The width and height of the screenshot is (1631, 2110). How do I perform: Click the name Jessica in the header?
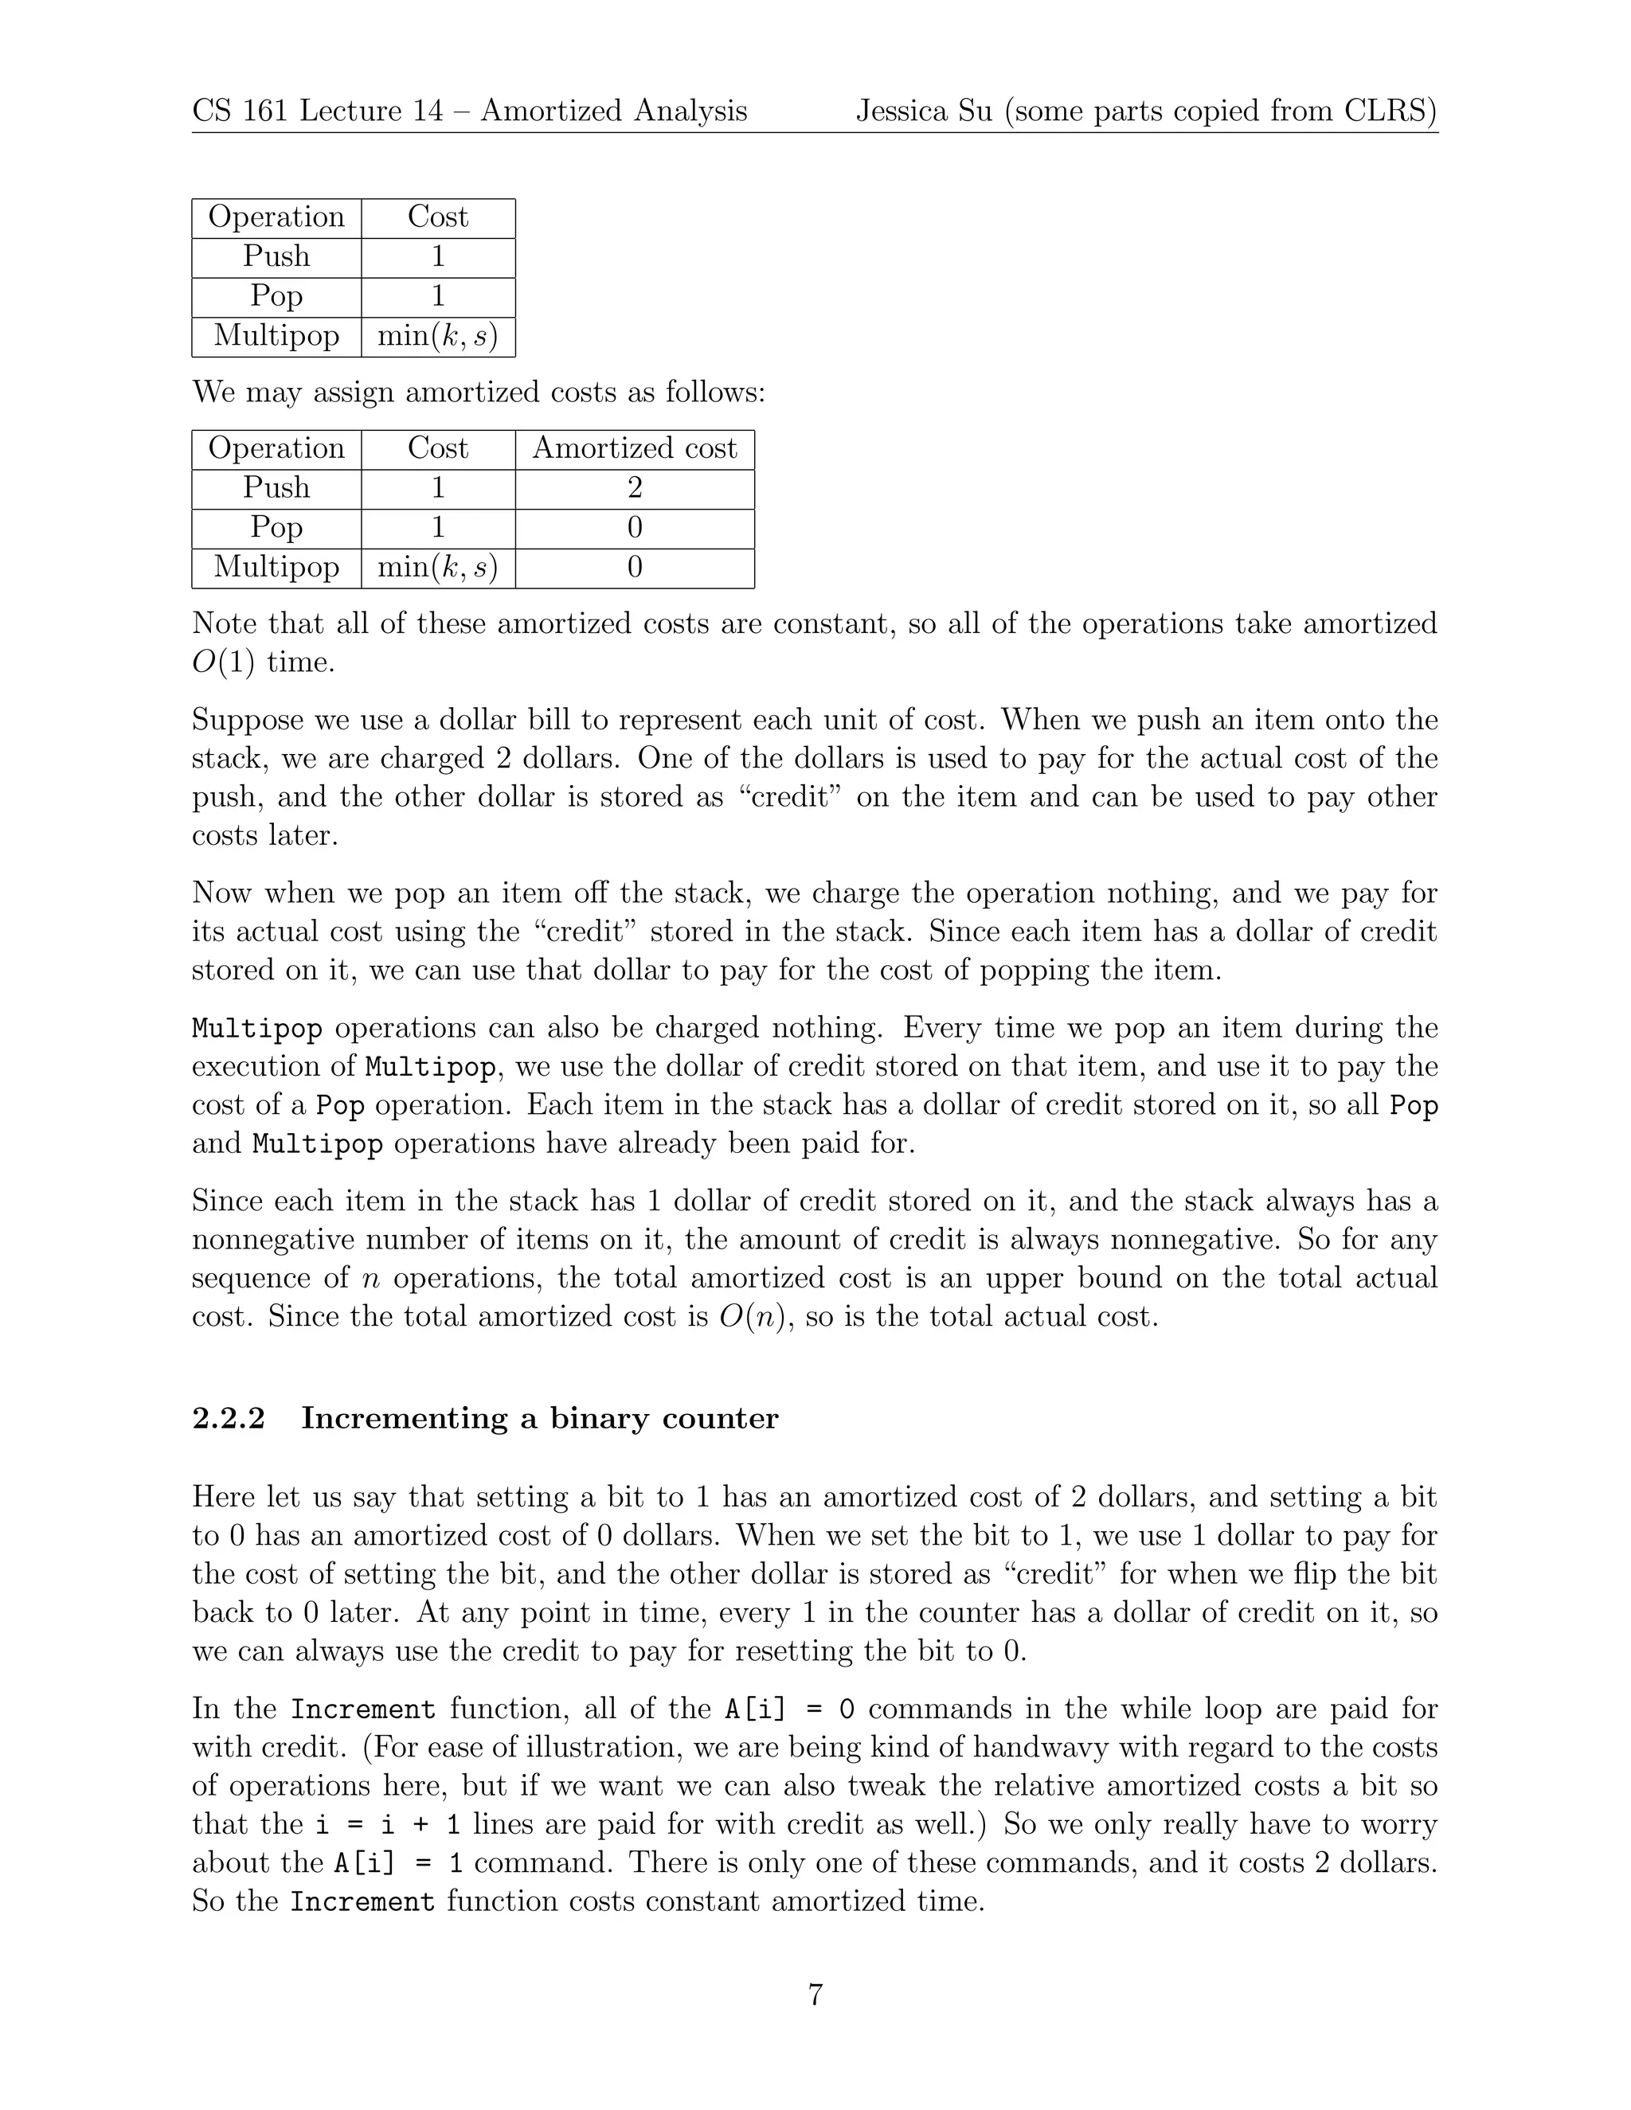900,111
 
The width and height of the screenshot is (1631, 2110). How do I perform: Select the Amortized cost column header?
634,448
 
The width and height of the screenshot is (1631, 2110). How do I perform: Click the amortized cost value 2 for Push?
634,488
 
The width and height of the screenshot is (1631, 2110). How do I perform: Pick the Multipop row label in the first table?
276,335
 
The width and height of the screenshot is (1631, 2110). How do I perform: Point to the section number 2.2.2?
228,1418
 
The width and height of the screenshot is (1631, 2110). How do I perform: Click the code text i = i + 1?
388,1825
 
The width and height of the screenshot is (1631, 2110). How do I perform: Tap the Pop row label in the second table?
276,527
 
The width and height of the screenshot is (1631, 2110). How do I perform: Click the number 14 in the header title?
427,111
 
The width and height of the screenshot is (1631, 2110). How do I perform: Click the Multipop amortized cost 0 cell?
634,567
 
